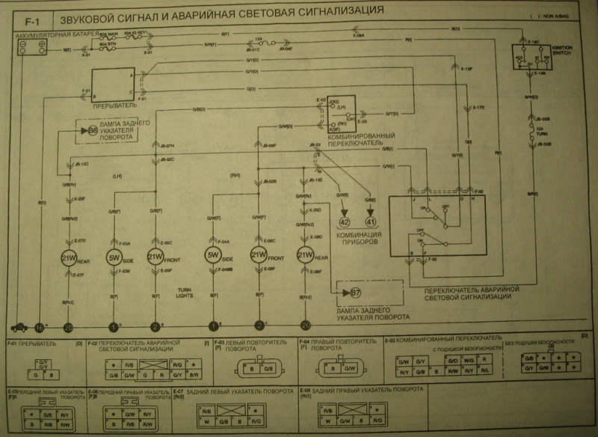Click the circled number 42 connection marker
point(345,221)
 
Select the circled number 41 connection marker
point(371,221)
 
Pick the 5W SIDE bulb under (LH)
point(115,258)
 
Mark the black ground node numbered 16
point(40,326)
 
